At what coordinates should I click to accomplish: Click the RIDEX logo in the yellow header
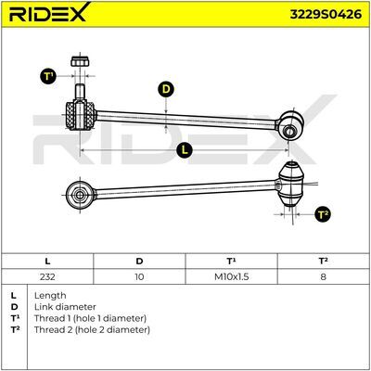pyautogui.click(x=49, y=13)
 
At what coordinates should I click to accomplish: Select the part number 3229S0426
pyautogui.click(x=326, y=14)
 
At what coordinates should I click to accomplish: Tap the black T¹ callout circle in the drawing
pyautogui.click(x=48, y=76)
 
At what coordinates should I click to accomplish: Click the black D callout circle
pyautogui.click(x=166, y=89)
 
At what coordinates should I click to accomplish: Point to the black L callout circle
pyautogui.click(x=185, y=150)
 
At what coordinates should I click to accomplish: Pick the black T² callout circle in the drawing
pyautogui.click(x=323, y=214)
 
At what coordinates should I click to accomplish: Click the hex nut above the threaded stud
pyautogui.click(x=80, y=61)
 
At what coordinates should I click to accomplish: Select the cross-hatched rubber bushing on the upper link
pyautogui.click(x=80, y=116)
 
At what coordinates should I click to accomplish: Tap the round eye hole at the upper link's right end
pyautogui.click(x=289, y=131)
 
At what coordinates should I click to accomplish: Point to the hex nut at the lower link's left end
pyautogui.click(x=80, y=195)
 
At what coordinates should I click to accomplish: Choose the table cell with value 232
pyautogui.click(x=47, y=276)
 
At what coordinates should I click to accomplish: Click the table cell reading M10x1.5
pyautogui.click(x=232, y=276)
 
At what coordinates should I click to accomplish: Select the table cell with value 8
pyautogui.click(x=324, y=276)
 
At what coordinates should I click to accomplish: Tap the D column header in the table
pyautogui.click(x=139, y=262)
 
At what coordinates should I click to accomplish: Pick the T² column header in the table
pyautogui.click(x=324, y=262)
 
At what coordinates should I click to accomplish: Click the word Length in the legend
pyautogui.click(x=50, y=296)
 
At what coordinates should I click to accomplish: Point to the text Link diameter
pyautogui.click(x=65, y=307)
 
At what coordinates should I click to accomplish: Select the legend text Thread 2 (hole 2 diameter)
pyautogui.click(x=92, y=330)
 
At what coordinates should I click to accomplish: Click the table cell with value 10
pyautogui.click(x=139, y=276)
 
